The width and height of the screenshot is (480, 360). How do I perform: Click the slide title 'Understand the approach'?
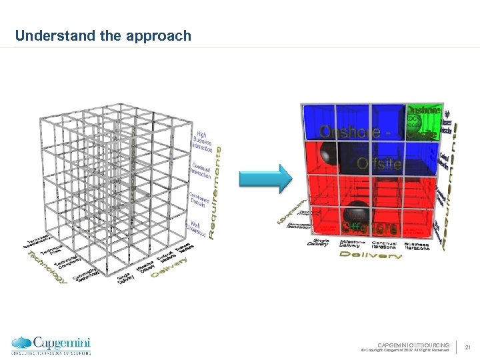(103, 35)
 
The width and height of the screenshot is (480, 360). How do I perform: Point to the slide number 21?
(468, 347)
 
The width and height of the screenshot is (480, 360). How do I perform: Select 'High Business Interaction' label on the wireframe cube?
(202, 139)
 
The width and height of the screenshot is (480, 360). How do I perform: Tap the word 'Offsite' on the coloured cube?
(379, 163)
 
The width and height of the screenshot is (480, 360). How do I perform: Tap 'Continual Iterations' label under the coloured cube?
(385, 245)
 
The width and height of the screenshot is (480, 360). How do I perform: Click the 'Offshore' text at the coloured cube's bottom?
(370, 227)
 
